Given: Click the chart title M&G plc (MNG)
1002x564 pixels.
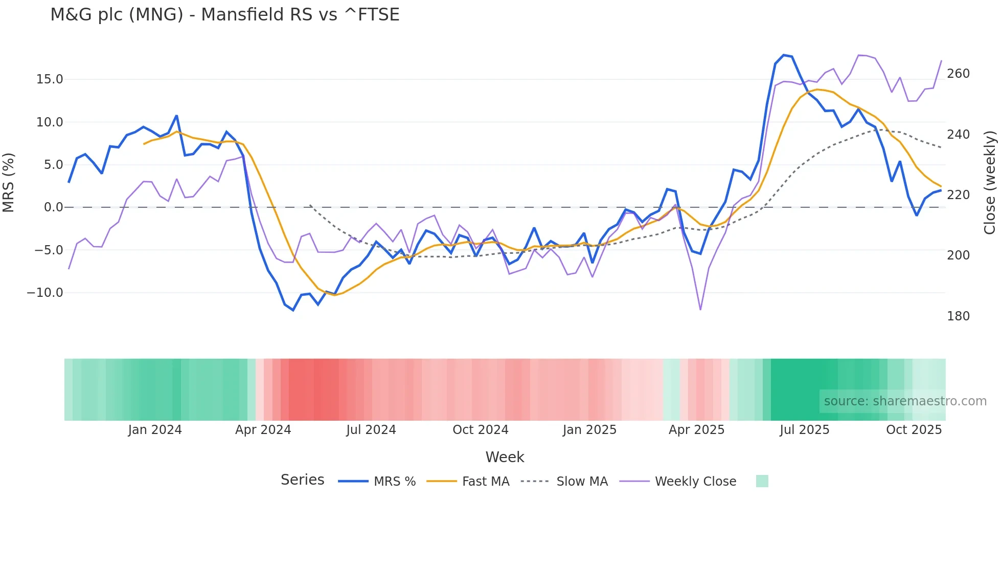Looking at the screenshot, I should (225, 15).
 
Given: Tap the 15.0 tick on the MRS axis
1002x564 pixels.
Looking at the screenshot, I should (49, 79).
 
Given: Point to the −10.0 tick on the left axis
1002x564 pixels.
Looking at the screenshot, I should (45, 293).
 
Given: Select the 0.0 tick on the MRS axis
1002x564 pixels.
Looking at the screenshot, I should (53, 207).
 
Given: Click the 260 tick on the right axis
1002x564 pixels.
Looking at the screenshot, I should (958, 74).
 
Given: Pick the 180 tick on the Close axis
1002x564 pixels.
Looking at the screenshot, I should (958, 316).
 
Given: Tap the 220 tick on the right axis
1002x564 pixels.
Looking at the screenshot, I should (958, 195).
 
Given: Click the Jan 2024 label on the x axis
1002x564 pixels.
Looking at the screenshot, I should (154, 430).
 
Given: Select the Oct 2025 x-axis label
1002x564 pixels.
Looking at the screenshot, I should (914, 430).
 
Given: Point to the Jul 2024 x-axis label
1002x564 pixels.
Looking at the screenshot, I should (371, 430).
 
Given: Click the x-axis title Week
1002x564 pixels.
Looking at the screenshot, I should (505, 457).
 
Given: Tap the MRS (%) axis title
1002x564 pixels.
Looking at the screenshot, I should (9, 182).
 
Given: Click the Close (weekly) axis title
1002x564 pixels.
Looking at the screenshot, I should (990, 182).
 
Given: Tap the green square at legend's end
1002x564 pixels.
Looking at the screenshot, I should (762, 481).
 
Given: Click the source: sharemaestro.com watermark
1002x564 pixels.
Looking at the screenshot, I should (905, 401).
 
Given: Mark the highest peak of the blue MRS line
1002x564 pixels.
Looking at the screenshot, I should (784, 55).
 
